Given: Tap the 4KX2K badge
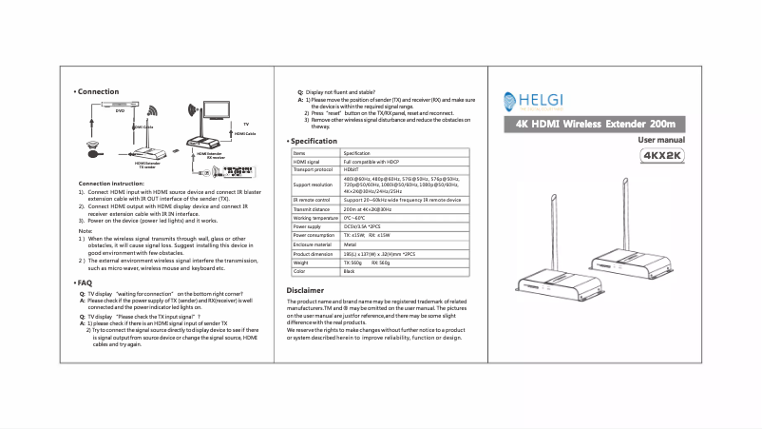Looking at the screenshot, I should coord(661,155).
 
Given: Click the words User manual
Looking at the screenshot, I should coord(660,140).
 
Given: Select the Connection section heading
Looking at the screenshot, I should coord(98,91).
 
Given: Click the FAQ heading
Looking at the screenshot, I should coord(84,283).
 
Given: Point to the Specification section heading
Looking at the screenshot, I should coord(314,141).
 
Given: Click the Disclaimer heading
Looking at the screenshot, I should coord(306,290).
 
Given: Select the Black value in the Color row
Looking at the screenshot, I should coord(349,272).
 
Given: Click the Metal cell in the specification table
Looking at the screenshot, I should coord(349,245).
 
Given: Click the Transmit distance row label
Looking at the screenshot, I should coord(310,209).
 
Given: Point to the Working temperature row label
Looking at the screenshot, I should coord(314,219).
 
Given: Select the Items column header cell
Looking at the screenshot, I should coord(300,153).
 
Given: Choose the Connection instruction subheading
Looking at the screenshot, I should coord(111,183).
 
